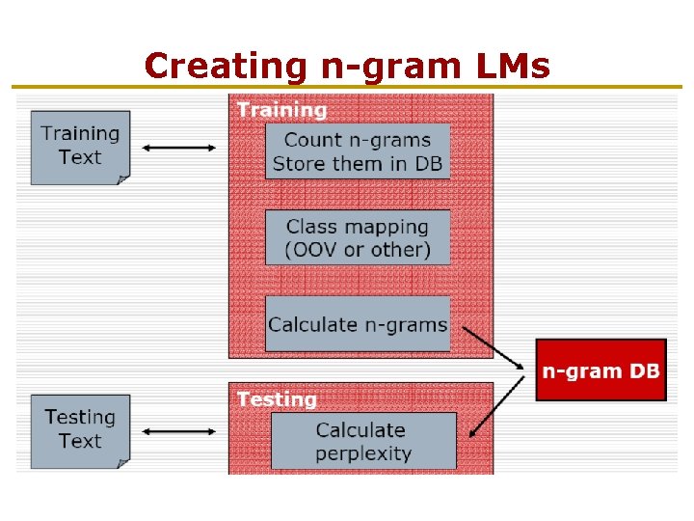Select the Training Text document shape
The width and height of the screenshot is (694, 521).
click(x=80, y=147)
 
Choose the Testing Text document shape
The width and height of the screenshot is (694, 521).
click(x=80, y=430)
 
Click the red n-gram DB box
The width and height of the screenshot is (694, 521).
click(x=601, y=370)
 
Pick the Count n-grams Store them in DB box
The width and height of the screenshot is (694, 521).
click(x=358, y=151)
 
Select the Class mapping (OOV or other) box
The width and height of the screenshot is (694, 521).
click(x=358, y=238)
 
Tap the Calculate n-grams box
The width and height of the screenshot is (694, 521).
click(x=358, y=325)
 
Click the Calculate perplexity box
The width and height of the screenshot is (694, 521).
click(x=362, y=442)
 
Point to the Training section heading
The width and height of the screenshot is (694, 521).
click(x=281, y=109)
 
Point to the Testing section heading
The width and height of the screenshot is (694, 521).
click(x=277, y=398)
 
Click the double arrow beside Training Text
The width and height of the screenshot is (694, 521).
click(x=179, y=148)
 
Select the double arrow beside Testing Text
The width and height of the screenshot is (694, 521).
click(x=179, y=431)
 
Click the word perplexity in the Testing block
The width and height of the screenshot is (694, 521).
click(x=362, y=453)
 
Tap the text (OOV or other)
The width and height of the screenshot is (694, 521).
click(x=358, y=250)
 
